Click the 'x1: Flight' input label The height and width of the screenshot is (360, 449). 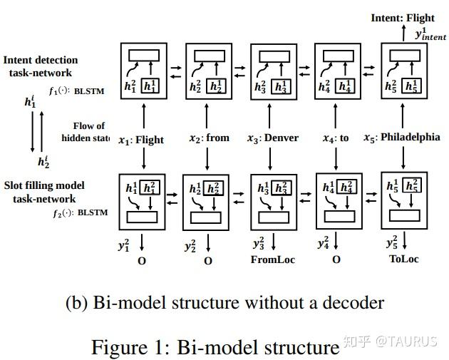point(141,140)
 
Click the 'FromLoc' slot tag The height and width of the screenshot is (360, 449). point(272,259)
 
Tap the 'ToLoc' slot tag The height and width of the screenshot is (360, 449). point(404,259)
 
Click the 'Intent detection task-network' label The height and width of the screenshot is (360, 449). point(41,66)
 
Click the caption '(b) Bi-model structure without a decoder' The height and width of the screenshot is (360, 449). point(224,302)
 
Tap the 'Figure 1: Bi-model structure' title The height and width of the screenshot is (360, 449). point(215,347)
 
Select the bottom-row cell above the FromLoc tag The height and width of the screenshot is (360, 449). point(273,201)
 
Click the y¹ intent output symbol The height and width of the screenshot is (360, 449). point(430,35)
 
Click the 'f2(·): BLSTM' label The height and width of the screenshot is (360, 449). point(76,212)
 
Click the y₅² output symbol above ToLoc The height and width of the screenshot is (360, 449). point(391,242)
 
